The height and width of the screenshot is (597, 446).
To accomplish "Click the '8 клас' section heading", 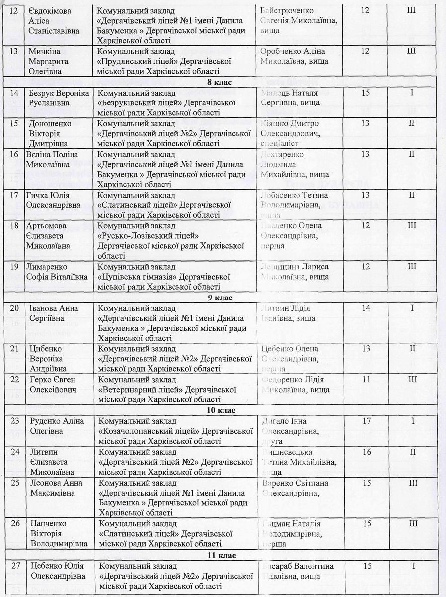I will pyautogui.click(x=223, y=83).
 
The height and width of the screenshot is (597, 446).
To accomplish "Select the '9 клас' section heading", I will pyautogui.click(x=223, y=298).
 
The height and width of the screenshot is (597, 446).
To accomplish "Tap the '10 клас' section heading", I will pyautogui.click(x=223, y=410).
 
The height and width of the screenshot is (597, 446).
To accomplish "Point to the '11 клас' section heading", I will pyautogui.click(x=223, y=555).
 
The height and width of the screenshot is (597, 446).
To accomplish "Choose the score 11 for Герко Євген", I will pyautogui.click(x=366, y=380).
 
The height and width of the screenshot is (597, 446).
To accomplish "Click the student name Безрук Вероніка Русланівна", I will pyautogui.click(x=57, y=98).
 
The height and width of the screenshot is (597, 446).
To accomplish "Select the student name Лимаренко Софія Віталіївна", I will pyautogui.click(x=56, y=271).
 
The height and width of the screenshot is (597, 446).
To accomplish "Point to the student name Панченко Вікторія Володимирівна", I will pyautogui.click(x=56, y=533).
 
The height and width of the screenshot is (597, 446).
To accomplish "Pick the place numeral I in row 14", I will pyautogui.click(x=411, y=93).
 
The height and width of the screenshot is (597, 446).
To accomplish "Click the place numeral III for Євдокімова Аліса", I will pyautogui.click(x=411, y=10).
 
